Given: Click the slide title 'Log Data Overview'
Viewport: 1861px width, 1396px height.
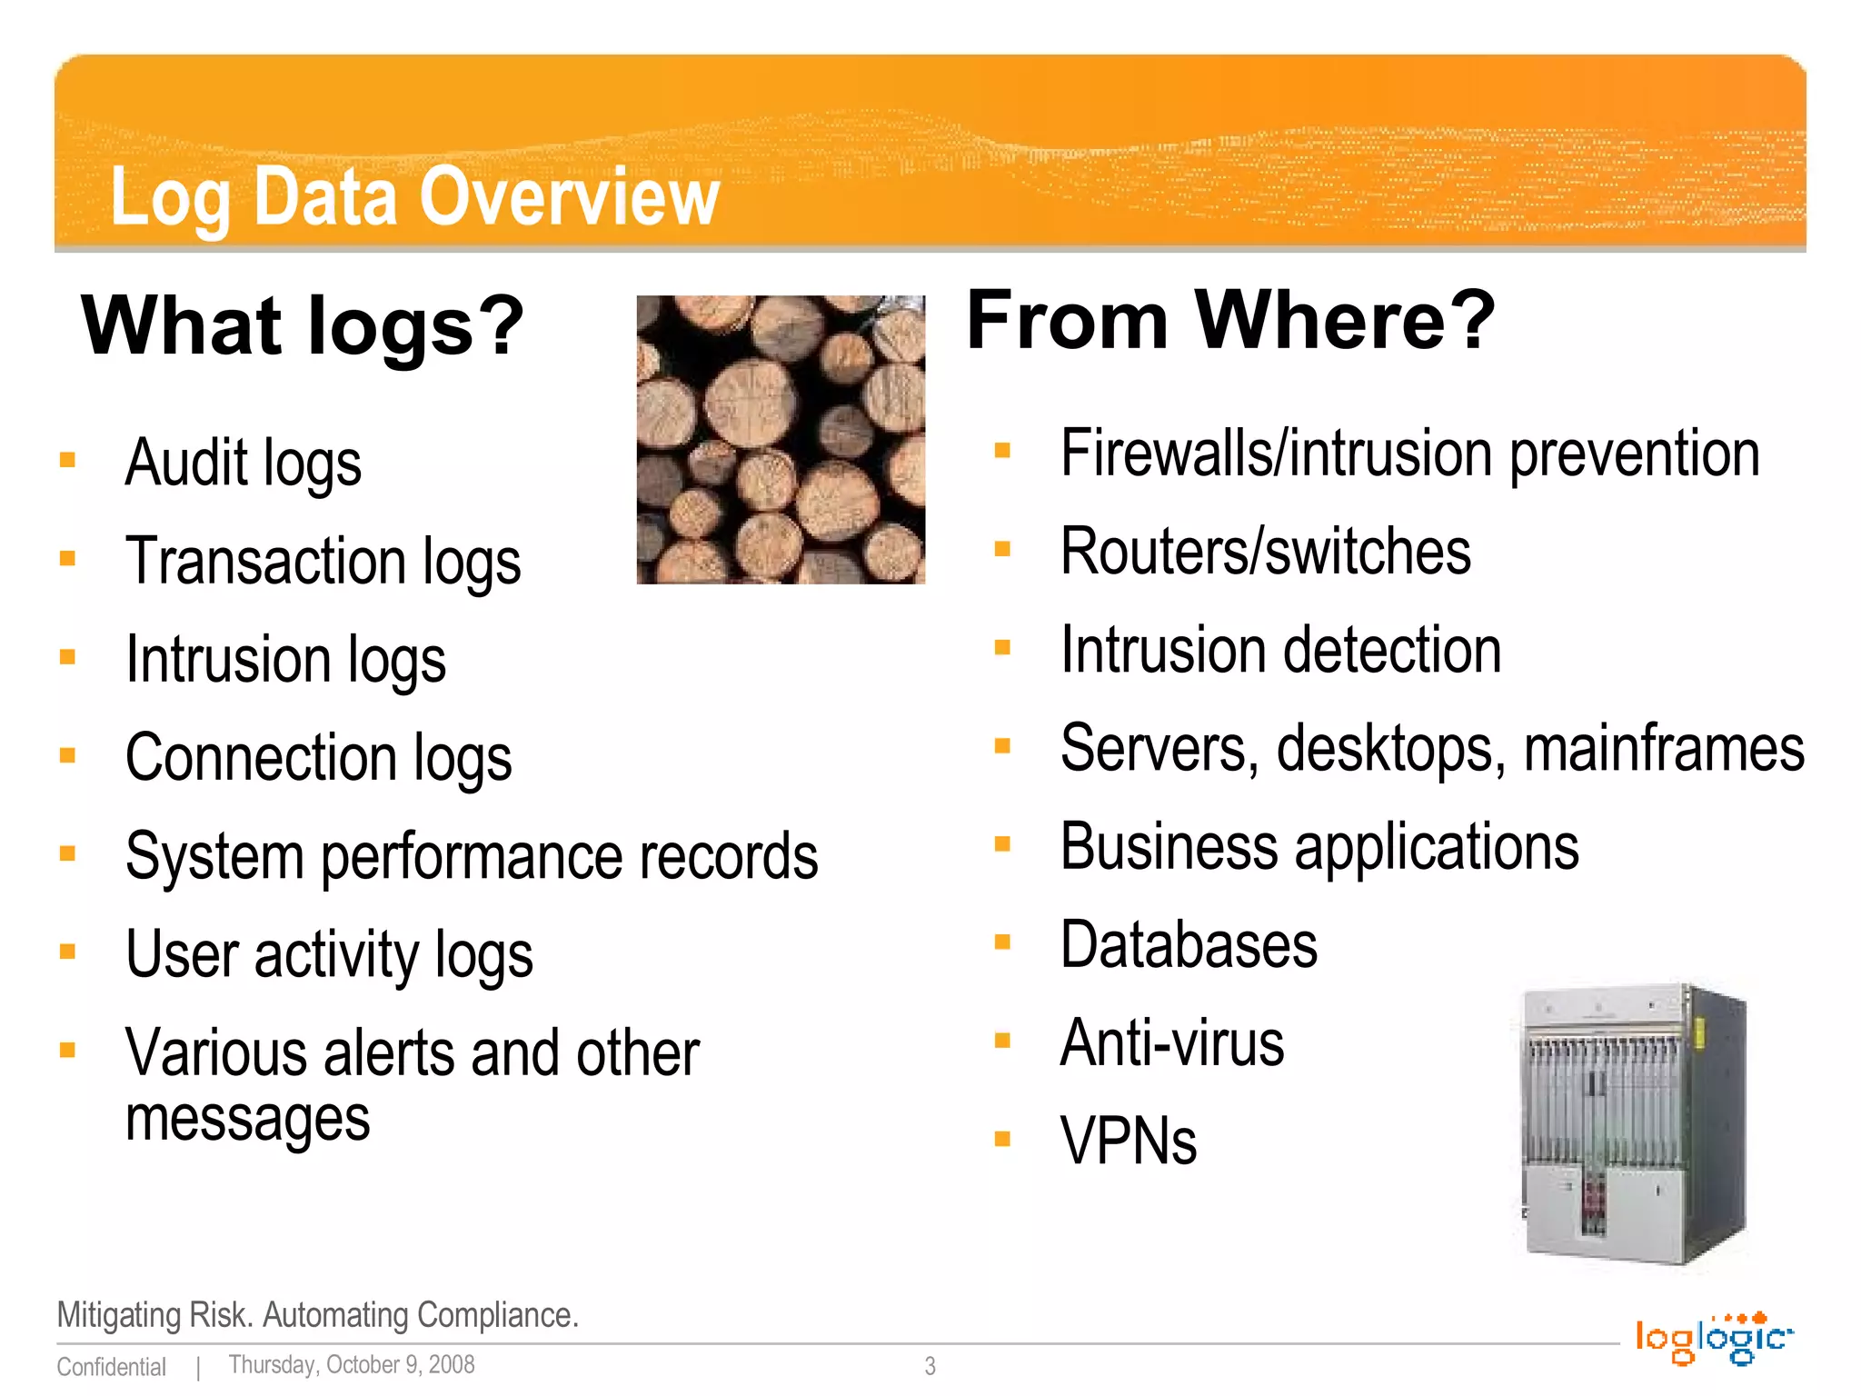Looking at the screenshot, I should (414, 196).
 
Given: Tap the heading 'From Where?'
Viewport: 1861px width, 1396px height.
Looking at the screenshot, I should (1230, 320).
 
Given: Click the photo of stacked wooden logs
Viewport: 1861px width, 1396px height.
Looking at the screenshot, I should (781, 439).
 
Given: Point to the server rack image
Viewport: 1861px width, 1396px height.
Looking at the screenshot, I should (1633, 1123).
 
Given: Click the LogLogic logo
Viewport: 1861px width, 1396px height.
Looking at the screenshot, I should (1713, 1339).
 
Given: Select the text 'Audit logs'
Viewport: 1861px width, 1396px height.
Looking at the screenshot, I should (244, 463).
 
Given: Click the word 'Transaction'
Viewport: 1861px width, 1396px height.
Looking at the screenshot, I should (265, 561).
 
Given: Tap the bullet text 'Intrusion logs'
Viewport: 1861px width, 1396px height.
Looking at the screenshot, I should (285, 659).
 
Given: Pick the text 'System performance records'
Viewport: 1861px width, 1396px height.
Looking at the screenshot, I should (472, 856).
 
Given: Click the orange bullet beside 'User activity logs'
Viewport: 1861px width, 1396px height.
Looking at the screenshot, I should (67, 952).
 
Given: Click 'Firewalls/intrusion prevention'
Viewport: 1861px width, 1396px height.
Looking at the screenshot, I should (1409, 454).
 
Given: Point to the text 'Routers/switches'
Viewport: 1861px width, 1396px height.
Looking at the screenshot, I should (1265, 552).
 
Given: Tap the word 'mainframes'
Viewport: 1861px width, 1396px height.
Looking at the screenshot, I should (1663, 749).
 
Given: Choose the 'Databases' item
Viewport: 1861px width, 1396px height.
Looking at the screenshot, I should (1189, 945).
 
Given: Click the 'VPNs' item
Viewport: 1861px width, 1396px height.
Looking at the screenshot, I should (1128, 1142).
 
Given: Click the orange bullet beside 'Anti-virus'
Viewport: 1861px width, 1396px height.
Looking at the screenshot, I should (1002, 1041).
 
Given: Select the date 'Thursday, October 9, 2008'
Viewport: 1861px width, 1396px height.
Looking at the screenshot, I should (352, 1365).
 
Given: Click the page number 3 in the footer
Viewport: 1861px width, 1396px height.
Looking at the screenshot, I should (930, 1366).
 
